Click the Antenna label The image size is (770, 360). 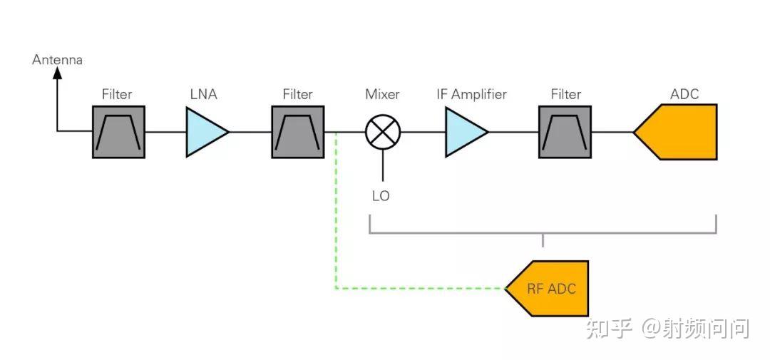[58, 60]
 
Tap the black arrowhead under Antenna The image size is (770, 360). [58, 73]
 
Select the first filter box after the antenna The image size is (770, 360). [118, 132]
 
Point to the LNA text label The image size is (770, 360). [204, 94]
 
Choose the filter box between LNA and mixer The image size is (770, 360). [298, 132]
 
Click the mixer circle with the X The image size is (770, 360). [383, 132]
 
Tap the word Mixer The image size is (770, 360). [383, 94]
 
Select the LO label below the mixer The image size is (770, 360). [381, 196]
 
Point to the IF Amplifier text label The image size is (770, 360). [471, 94]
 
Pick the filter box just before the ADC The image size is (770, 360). [565, 132]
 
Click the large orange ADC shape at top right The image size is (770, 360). [675, 132]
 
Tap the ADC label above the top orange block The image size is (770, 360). [684, 94]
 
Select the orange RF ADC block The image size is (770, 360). [547, 288]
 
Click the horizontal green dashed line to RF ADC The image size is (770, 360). [421, 288]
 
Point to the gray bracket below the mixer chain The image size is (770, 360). [543, 231]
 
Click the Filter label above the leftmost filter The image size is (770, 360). [117, 94]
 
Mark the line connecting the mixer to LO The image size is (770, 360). [383, 165]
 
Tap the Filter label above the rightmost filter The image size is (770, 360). [565, 94]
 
